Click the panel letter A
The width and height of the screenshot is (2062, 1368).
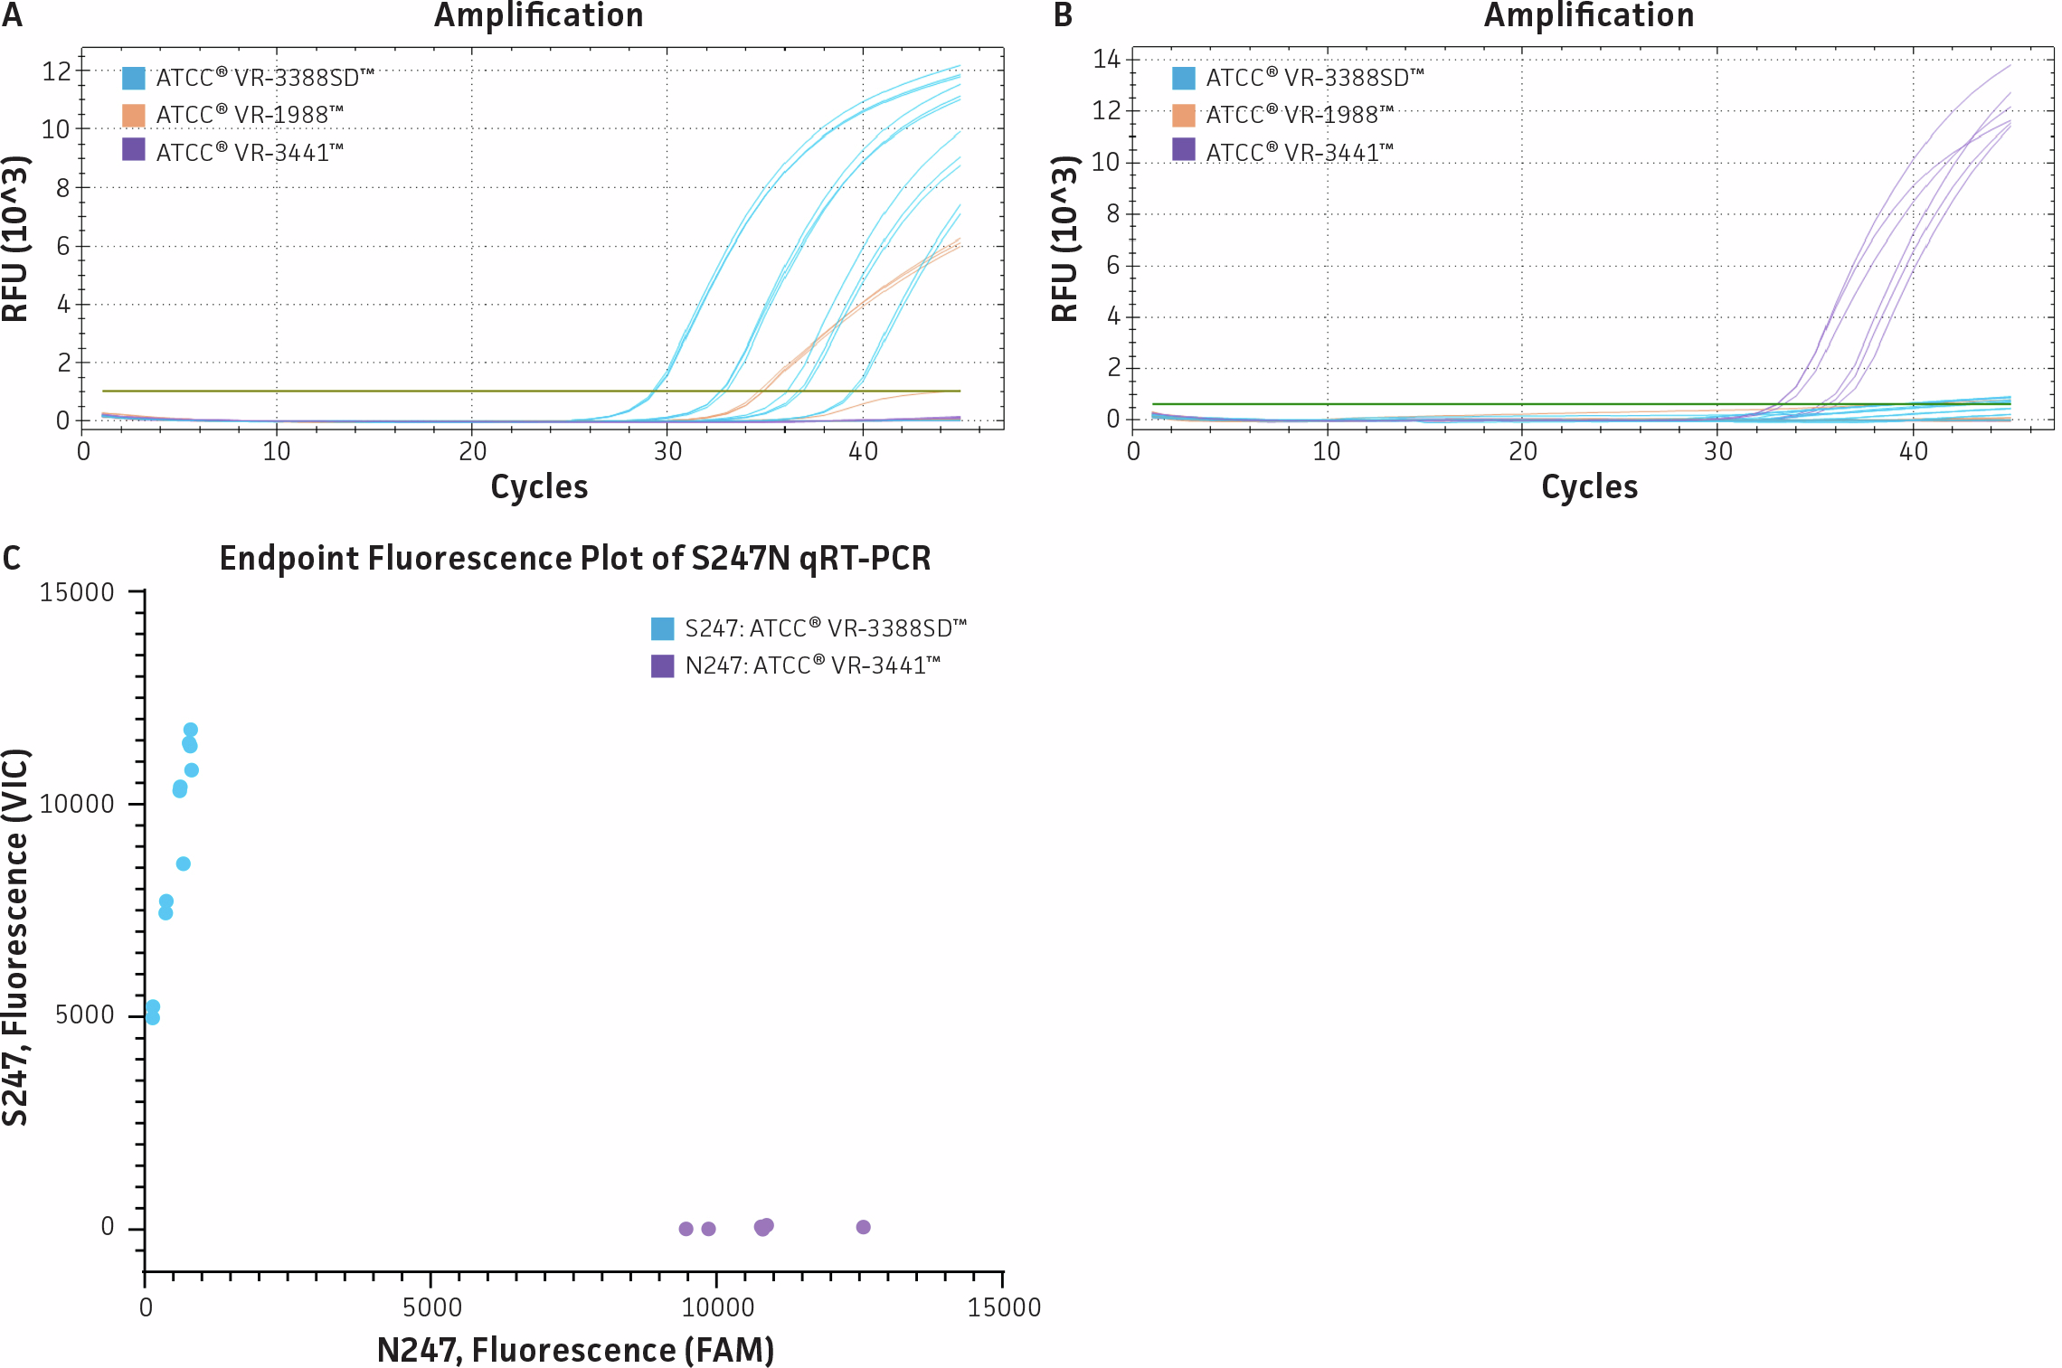tap(12, 15)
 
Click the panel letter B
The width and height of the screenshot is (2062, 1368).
tap(1063, 15)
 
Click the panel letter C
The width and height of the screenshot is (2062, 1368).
tap(12, 558)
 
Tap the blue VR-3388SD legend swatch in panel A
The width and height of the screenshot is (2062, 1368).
tap(134, 79)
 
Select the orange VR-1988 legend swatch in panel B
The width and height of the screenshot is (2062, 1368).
tap(1183, 116)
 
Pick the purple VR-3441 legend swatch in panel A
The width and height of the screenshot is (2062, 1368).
tap(134, 150)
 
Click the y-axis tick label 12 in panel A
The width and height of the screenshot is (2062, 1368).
tap(56, 71)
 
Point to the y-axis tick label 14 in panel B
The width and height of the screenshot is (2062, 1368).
tap(1106, 60)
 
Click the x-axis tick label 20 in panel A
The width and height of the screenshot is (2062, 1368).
tap(472, 451)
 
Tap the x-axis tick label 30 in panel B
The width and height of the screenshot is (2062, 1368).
tap(1717, 451)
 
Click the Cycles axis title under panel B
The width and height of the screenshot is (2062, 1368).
tap(1589, 487)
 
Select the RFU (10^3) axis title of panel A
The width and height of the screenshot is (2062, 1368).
tap(16, 239)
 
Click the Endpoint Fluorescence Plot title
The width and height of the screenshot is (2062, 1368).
tap(575, 558)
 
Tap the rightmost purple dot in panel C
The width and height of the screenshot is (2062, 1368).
tap(863, 1227)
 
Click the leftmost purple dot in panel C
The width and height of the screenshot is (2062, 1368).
tap(686, 1229)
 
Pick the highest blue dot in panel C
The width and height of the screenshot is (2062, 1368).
tap(191, 730)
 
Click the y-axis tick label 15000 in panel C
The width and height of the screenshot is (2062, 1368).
tap(77, 592)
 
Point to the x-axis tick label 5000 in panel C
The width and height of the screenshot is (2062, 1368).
tap(431, 1307)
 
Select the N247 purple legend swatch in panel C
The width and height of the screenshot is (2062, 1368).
tap(663, 666)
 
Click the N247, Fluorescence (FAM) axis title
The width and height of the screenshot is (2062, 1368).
tap(575, 1350)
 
